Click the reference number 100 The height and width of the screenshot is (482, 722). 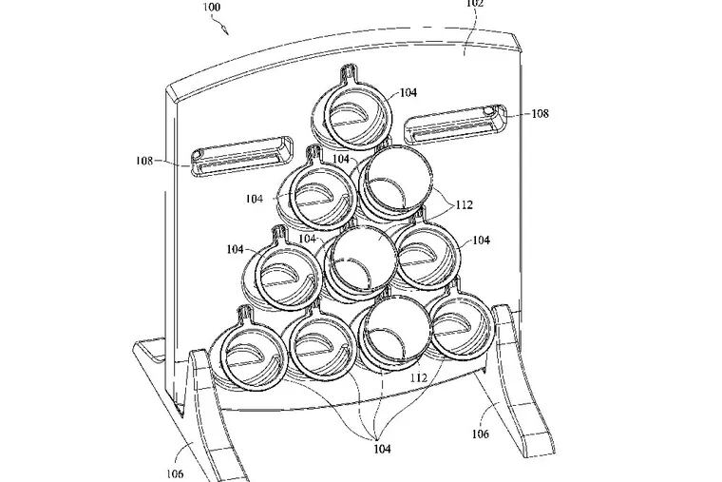(x=211, y=7)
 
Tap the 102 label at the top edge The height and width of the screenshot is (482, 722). (x=475, y=3)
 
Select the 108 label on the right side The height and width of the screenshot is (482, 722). (x=541, y=113)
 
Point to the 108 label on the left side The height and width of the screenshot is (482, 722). (x=144, y=161)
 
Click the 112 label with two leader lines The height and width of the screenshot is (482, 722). (x=465, y=204)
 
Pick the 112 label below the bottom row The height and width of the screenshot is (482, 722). (x=419, y=377)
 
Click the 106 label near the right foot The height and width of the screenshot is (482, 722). (x=481, y=434)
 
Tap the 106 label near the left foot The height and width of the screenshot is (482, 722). (x=175, y=473)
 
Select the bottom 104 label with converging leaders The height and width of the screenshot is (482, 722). (x=382, y=449)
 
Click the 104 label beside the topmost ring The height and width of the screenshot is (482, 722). (x=408, y=92)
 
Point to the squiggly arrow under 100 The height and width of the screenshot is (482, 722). (x=220, y=24)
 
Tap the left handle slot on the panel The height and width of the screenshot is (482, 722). (x=242, y=155)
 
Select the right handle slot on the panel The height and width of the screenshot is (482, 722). (x=455, y=124)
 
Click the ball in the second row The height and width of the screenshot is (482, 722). (x=396, y=181)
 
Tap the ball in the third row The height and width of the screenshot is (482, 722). (x=362, y=260)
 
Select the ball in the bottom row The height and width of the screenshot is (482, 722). (x=397, y=332)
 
